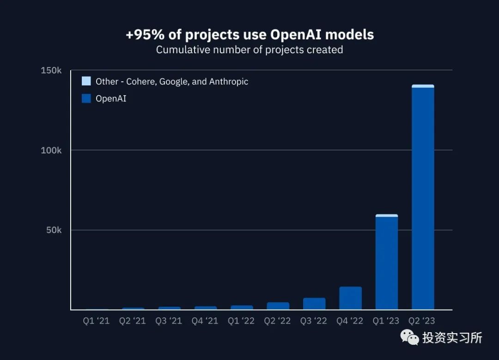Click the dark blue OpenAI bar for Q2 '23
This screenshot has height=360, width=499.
(x=423, y=199)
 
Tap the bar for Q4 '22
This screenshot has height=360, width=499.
(x=351, y=298)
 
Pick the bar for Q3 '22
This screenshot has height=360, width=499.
(x=314, y=304)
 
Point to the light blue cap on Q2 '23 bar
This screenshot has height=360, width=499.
(x=423, y=86)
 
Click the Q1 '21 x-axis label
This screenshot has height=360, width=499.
(x=96, y=321)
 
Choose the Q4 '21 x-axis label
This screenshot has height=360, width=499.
(x=205, y=321)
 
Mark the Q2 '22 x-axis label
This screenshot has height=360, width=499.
(x=277, y=321)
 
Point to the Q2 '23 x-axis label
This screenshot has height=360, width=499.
(x=422, y=321)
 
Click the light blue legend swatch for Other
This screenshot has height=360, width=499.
(x=86, y=81)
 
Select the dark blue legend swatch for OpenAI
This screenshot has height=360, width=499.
(x=86, y=98)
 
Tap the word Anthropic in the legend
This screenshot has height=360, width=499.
(x=229, y=81)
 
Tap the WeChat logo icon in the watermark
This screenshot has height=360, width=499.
(x=410, y=337)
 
